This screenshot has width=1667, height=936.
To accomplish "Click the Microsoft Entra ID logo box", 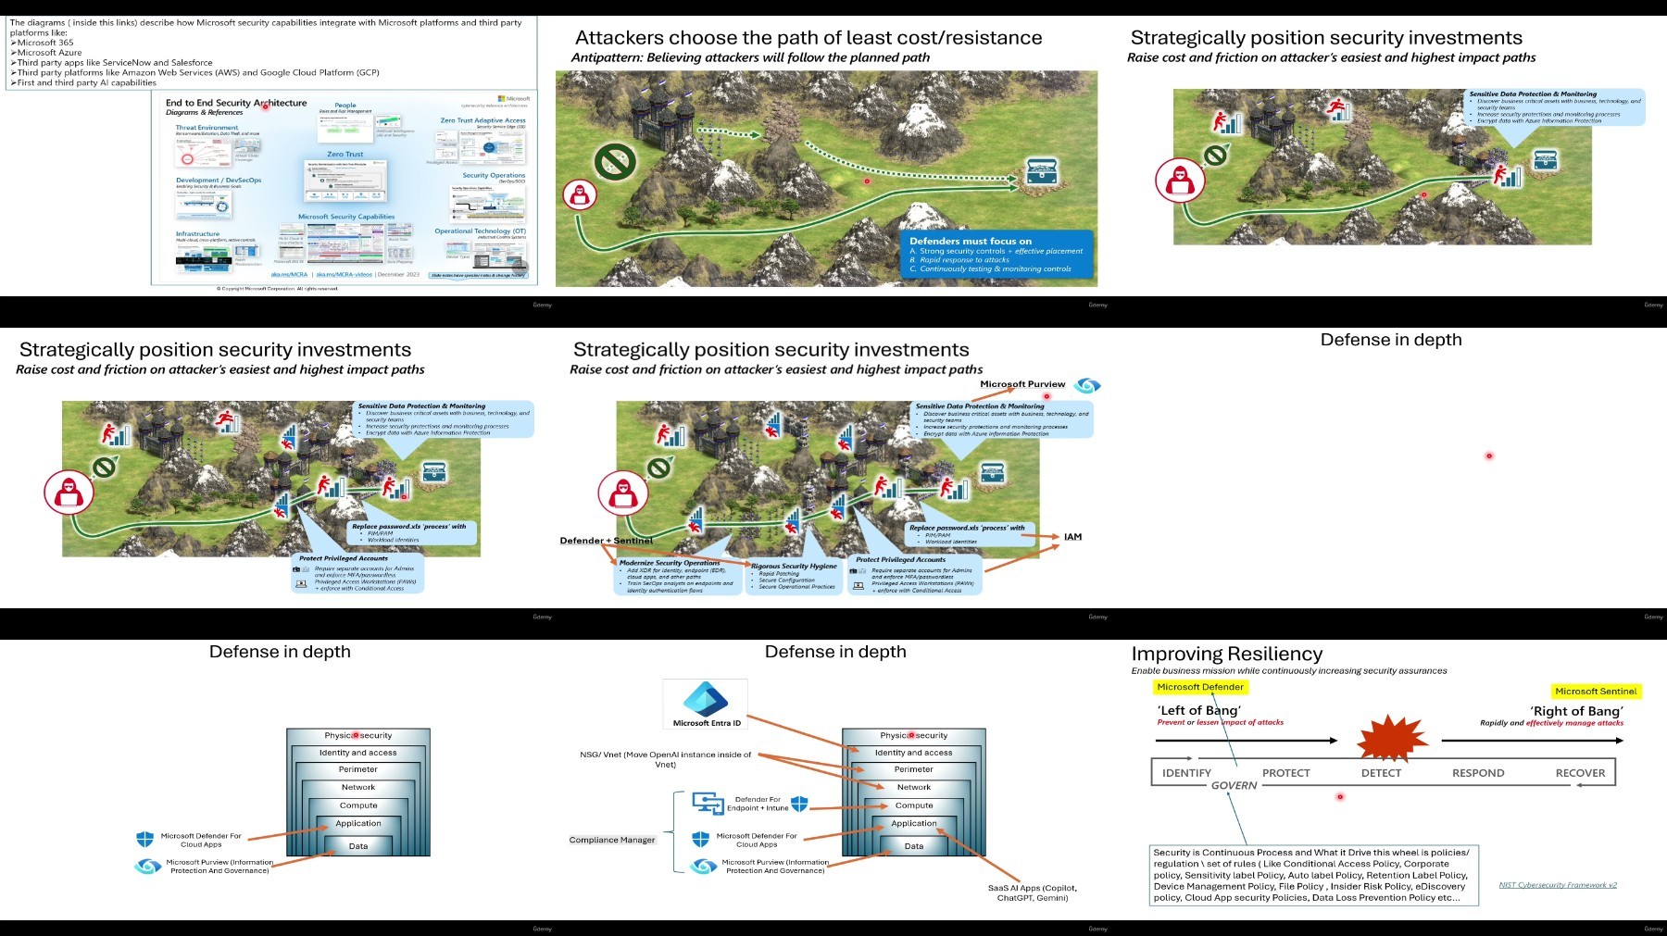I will coord(706,705).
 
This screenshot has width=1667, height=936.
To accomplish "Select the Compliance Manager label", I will coord(612,840).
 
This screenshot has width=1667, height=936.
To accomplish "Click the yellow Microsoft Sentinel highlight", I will coord(1596,692).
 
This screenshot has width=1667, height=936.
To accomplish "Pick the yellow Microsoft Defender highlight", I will coord(1200,687).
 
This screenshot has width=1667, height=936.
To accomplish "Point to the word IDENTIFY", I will coord(1186,773).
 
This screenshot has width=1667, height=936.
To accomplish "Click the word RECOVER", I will coord(1580,773).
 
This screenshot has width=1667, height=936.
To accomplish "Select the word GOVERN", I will coord(1234,786).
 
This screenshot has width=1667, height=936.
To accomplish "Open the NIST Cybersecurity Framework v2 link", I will coord(1558,885).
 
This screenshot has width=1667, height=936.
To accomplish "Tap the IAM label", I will coord(1072,537).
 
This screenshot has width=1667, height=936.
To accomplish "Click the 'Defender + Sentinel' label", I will coord(606,541).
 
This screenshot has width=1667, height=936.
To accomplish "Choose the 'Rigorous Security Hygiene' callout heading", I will coord(794,566).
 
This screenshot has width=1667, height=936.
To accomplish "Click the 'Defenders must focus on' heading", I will coord(971,241).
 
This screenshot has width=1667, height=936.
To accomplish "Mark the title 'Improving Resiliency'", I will coord(1227,655).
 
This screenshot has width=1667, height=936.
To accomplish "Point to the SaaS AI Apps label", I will coord(1032,892).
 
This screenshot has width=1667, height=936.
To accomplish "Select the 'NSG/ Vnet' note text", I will coord(666,759).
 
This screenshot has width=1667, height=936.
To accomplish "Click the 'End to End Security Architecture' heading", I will coord(235,103).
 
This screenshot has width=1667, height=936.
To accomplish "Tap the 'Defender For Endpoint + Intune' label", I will coord(758,804).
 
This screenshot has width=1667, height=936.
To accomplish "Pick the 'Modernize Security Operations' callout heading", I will coord(669,563).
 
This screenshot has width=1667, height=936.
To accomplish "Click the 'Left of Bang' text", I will coord(1198,711).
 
